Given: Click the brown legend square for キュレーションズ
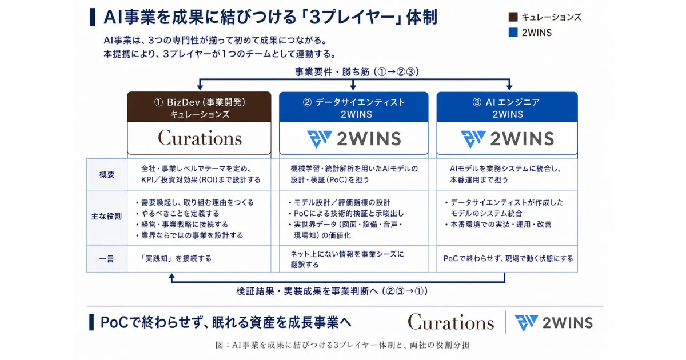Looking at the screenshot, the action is (x=513, y=17).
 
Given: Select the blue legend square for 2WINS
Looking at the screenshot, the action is (x=513, y=32).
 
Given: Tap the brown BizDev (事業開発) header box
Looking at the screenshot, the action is (x=199, y=107).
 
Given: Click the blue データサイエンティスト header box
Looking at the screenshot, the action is (x=354, y=107).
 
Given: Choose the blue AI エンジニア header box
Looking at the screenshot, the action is (x=507, y=107).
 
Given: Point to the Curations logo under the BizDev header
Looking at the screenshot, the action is (x=200, y=138).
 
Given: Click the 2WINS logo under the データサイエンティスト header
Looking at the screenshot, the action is (x=354, y=139).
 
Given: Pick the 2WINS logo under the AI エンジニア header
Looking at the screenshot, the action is (x=508, y=139).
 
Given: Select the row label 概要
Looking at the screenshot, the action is (x=107, y=174).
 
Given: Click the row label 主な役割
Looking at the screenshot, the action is (x=106, y=217).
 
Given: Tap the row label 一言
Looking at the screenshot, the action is (x=106, y=259).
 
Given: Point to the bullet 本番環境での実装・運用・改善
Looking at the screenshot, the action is (x=498, y=225).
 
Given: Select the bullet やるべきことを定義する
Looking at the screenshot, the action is (x=178, y=213).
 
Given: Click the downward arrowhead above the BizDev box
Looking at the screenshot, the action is (x=200, y=87).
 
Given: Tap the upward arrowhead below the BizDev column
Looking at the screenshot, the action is (x=172, y=277).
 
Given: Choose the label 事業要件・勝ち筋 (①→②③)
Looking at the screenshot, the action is (x=357, y=72).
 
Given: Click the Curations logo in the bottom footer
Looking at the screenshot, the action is (x=451, y=322).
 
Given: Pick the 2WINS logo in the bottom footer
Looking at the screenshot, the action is (x=554, y=323).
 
